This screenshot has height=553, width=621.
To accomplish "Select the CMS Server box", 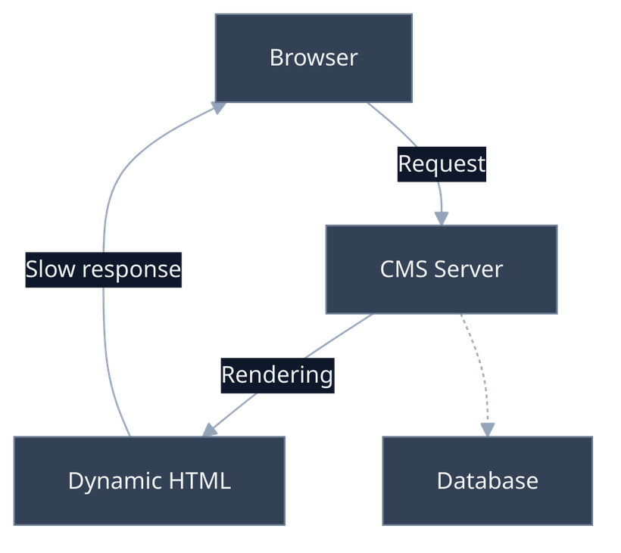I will pyautogui.click(x=441, y=290).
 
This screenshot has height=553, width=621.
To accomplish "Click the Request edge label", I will pyautogui.click(x=442, y=163).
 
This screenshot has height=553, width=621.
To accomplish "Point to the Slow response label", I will pyautogui.click(x=103, y=269).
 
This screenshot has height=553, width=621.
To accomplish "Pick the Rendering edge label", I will pyautogui.click(x=277, y=374).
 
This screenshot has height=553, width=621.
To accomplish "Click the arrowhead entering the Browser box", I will pyautogui.click(x=218, y=108).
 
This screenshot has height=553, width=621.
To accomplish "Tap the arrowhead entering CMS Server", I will pyautogui.click(x=442, y=216).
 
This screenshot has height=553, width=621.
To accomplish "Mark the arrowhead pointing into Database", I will pyautogui.click(x=488, y=428).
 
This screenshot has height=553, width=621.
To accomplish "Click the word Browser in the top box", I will pyautogui.click(x=313, y=57).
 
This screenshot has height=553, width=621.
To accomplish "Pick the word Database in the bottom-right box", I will pyautogui.click(x=487, y=480).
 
